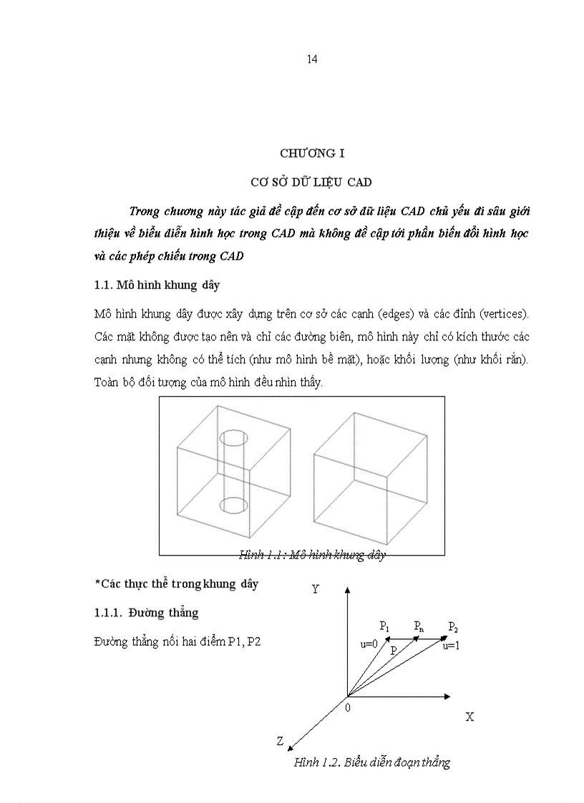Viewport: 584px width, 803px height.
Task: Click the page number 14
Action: (x=312, y=59)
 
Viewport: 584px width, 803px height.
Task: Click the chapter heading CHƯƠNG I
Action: (x=307, y=153)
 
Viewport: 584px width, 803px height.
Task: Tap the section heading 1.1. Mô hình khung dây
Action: (x=157, y=285)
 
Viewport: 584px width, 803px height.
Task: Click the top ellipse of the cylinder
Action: (x=233, y=437)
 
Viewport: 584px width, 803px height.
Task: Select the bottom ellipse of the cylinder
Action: (x=233, y=506)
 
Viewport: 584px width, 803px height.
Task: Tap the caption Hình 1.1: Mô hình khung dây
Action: (x=313, y=555)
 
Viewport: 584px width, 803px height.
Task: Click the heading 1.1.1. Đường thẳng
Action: (x=147, y=613)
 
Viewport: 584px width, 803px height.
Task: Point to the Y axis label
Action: (x=315, y=589)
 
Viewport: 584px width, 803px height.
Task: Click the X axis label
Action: (x=469, y=716)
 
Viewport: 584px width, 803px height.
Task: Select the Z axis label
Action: (x=281, y=742)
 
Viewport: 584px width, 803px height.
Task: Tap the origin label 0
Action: (x=348, y=707)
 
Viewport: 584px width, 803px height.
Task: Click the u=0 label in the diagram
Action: (x=369, y=644)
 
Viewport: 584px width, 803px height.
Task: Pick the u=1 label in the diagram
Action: (x=452, y=646)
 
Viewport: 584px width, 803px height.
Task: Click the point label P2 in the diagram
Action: (x=453, y=627)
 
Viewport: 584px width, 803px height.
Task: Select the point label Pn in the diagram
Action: (x=419, y=626)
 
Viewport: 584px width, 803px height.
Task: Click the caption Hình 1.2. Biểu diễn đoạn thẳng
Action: (x=372, y=762)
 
